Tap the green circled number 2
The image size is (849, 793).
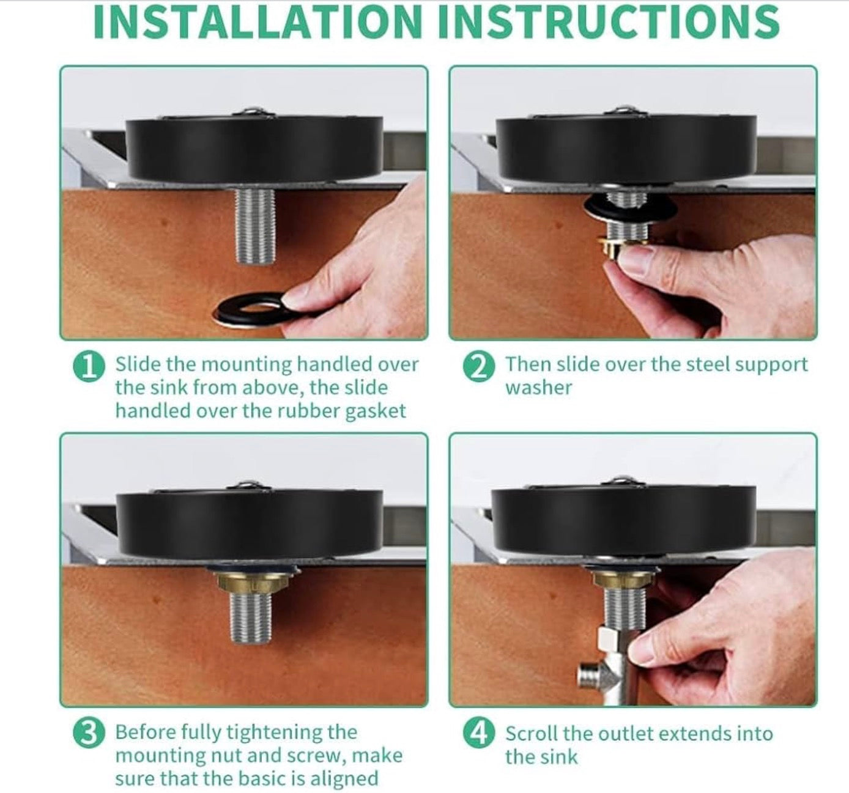pyautogui.click(x=478, y=367)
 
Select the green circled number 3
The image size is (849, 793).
pyautogui.click(x=89, y=734)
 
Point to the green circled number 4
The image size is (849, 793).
pyautogui.click(x=478, y=734)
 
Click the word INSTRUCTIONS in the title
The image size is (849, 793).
pyautogui.click(x=609, y=22)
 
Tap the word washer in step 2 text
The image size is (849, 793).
pyautogui.click(x=538, y=388)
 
